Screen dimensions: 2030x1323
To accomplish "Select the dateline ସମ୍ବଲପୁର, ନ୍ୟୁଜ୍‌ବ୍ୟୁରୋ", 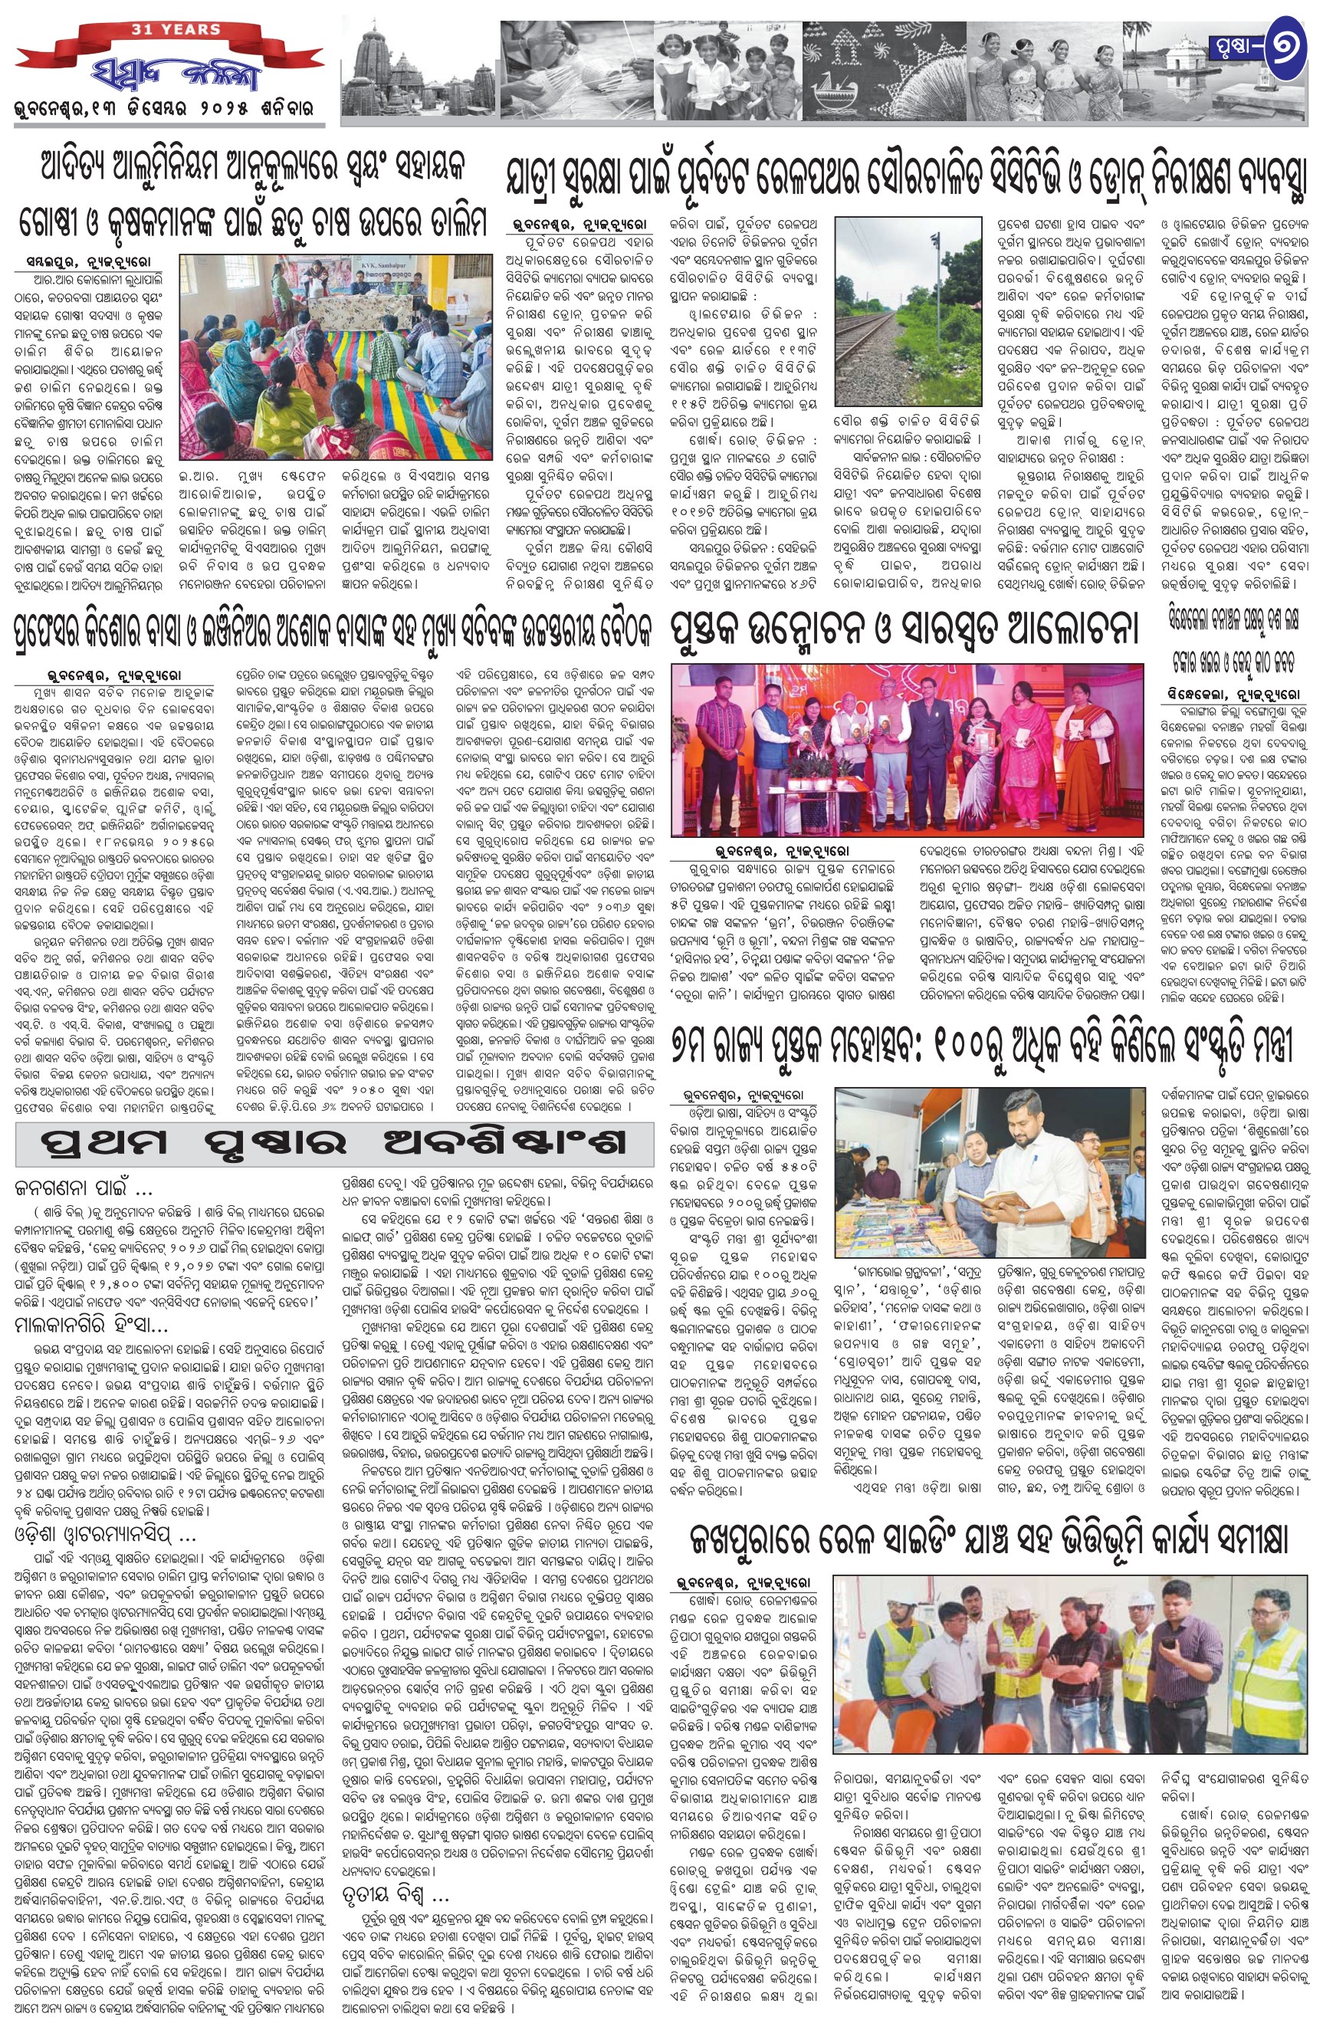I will tap(86, 258).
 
